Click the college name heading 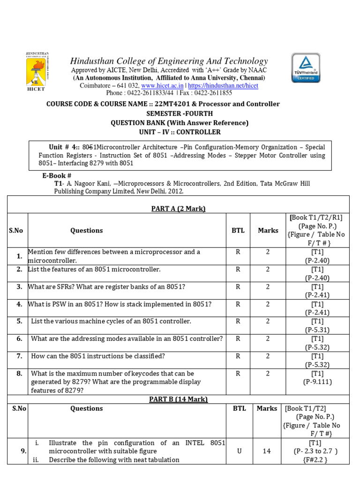(169, 61)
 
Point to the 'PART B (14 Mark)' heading (178, 399)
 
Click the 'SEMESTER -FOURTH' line (180, 113)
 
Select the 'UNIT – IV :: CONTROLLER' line (180, 132)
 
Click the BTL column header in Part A (238, 230)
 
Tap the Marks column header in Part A (268, 230)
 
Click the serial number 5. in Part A (19, 321)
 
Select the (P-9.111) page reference (317, 382)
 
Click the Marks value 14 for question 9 (267, 451)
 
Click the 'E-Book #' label (57, 175)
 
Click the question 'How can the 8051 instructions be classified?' (98, 356)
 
